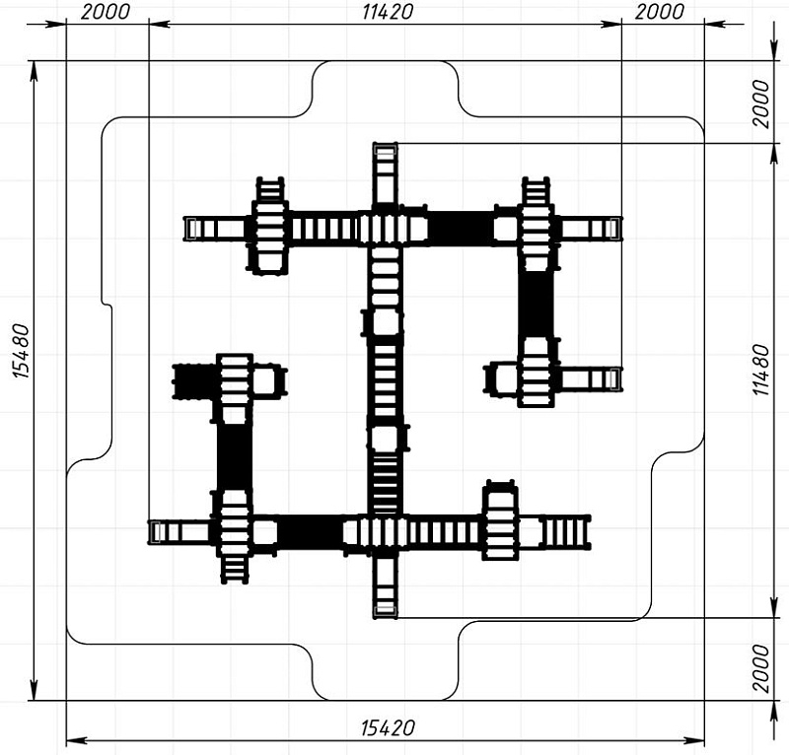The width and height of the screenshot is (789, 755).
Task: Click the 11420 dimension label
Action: click(388, 12)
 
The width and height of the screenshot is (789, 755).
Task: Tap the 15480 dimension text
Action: click(22, 352)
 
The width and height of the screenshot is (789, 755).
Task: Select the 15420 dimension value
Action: click(388, 727)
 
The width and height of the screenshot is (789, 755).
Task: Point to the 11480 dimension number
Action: click(761, 371)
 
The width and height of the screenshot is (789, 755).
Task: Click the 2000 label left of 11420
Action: click(106, 12)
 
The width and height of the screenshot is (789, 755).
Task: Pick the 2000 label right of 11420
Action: click(659, 12)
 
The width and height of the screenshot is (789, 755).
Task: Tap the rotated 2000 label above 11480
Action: click(761, 103)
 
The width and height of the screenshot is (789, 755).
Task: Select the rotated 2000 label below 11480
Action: click(761, 668)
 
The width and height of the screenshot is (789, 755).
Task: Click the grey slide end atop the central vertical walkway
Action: click(385, 151)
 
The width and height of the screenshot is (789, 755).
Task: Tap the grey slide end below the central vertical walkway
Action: click(385, 611)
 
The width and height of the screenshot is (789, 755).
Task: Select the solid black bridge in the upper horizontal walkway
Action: click(461, 229)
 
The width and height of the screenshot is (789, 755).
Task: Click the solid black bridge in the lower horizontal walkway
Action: click(310, 531)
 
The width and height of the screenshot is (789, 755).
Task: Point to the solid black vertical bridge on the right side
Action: click(536, 305)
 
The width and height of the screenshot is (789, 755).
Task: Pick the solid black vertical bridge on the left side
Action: click(235, 456)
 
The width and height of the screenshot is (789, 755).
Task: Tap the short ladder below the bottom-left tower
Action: click(235, 570)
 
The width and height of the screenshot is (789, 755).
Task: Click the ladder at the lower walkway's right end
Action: click(565, 531)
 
